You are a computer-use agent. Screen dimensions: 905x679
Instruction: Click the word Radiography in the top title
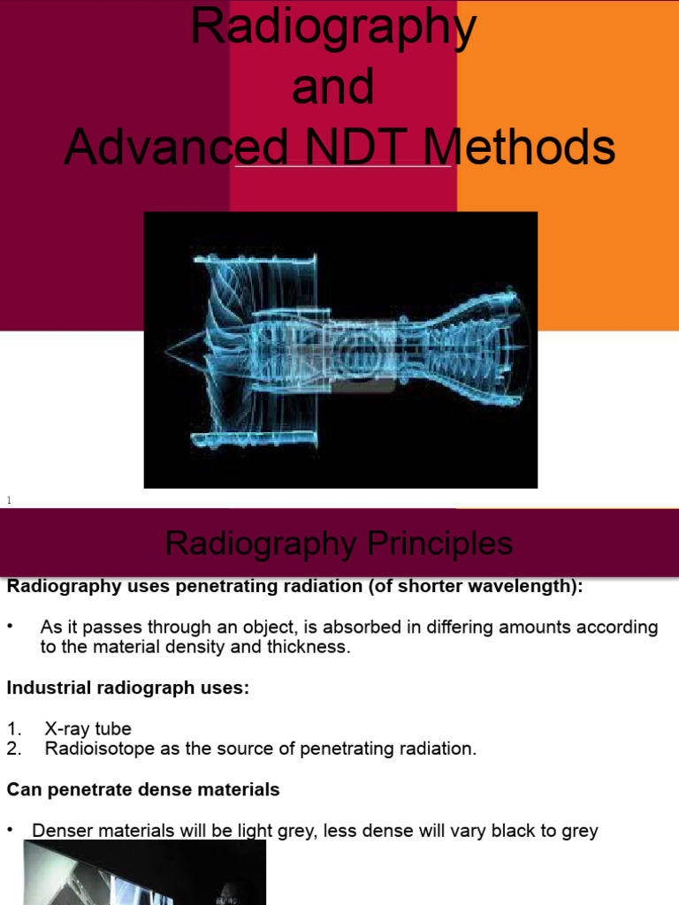(x=333, y=28)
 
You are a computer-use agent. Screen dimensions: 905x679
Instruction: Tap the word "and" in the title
(x=333, y=87)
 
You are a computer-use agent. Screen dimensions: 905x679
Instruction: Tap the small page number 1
(x=9, y=501)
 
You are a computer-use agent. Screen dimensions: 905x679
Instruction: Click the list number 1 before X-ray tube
(x=11, y=729)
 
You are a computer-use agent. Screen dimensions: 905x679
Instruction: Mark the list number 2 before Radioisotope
(x=11, y=749)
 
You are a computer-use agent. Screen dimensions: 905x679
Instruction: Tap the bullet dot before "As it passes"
(x=11, y=627)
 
